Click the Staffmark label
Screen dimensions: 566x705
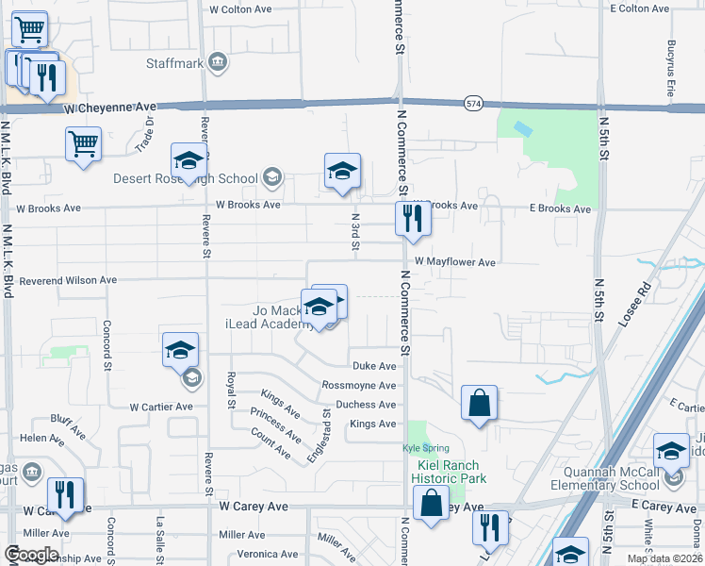[174, 64]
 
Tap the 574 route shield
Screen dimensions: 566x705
[472, 103]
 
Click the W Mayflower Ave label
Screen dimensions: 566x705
[454, 261]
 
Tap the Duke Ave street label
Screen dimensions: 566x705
[373, 366]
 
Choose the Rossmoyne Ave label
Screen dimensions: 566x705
[358, 385]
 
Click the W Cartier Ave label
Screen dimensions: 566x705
[160, 407]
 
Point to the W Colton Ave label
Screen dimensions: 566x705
[240, 8]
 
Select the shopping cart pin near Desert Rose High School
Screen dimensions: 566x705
[83, 145]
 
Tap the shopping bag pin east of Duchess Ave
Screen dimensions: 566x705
[479, 404]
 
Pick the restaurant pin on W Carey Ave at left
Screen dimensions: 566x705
[65, 495]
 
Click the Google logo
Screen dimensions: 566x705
[30, 555]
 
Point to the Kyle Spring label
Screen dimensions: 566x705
[425, 447]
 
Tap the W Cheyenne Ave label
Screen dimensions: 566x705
[109, 108]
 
